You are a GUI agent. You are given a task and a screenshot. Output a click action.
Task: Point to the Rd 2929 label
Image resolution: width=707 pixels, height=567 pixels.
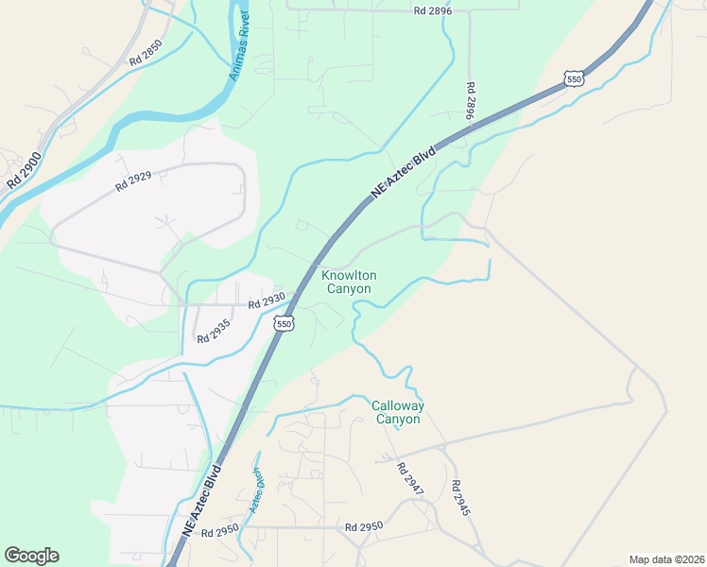133,180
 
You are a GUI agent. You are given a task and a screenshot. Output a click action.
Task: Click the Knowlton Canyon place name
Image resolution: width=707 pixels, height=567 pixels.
349,282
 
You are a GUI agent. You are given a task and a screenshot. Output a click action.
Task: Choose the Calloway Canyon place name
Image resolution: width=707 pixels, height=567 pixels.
398,412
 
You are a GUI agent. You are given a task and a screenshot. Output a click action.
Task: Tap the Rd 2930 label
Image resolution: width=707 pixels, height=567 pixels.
267,303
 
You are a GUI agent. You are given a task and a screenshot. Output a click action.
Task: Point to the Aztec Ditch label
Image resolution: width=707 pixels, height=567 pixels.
255,491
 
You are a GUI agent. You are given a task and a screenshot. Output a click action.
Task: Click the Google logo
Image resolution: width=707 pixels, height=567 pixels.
31,556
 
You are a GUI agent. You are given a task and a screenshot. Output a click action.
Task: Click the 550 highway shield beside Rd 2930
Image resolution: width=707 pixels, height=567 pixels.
284,324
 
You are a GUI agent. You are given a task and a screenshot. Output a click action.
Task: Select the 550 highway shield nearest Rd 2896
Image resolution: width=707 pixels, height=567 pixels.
573,78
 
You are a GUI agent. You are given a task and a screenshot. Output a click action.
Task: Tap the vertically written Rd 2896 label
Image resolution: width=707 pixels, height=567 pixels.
470,100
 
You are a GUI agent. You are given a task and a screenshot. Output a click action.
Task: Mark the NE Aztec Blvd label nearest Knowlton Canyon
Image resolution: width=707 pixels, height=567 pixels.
404,171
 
